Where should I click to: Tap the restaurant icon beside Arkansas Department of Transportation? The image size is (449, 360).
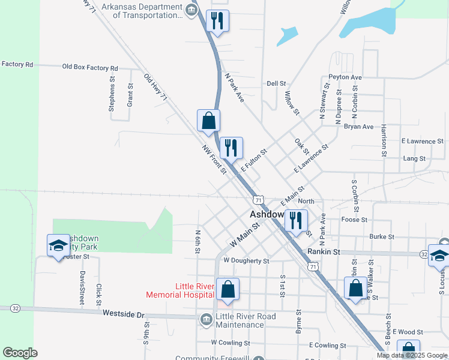(216, 20)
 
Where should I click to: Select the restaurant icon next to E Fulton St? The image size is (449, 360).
(231, 147)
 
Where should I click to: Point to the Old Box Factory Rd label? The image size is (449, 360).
(90, 68)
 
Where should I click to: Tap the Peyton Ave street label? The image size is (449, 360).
(345, 77)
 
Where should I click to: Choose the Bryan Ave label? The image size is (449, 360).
(358, 127)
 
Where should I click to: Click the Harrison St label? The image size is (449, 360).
(383, 142)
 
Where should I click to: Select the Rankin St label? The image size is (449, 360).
(324, 252)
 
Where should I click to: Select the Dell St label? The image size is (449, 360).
(276, 84)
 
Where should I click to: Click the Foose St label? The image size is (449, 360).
(354, 220)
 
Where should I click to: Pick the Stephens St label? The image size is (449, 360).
(112, 94)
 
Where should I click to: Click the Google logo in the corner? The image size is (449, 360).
(20, 353)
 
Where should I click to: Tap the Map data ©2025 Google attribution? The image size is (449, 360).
(412, 355)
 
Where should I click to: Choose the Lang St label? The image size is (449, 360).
(414, 159)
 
